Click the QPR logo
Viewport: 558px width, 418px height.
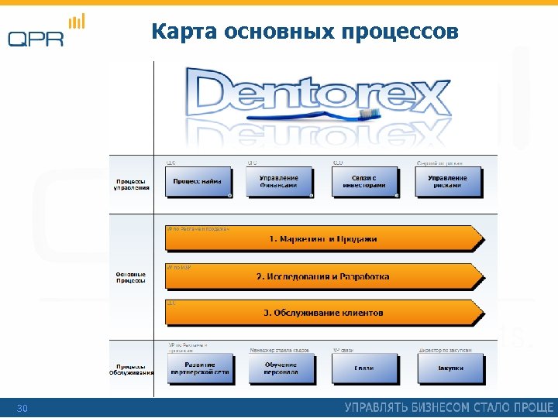[46, 33]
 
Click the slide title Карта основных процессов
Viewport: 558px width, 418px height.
[305, 32]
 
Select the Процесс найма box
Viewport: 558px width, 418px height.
[198, 182]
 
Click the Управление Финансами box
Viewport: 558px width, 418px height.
[279, 182]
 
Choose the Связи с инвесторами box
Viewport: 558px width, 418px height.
[363, 182]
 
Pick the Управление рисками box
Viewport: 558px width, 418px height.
[448, 182]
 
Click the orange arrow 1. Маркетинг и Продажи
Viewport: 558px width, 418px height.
[322, 238]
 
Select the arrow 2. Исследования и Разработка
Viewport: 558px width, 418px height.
[322, 276]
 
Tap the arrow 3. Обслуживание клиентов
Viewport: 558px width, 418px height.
[322, 313]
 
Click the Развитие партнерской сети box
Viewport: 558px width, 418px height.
[200, 368]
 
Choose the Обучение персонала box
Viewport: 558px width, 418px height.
[280, 368]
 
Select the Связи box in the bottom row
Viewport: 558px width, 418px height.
[363, 368]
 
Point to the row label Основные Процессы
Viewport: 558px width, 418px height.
[131, 276]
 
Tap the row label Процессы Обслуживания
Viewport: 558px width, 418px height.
[131, 369]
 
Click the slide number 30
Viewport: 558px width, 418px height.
[22, 408]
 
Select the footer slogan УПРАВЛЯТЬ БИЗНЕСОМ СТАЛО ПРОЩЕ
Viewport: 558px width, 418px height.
[449, 407]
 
